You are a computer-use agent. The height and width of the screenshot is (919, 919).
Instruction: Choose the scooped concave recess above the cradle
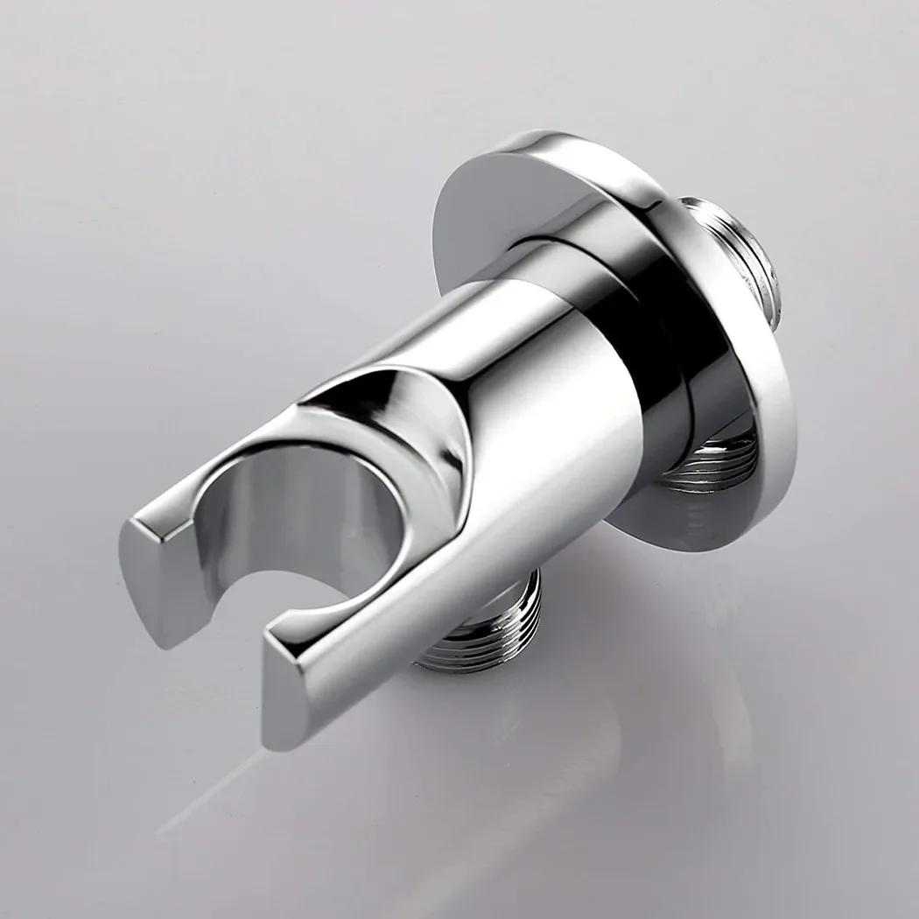coord(385,420)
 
